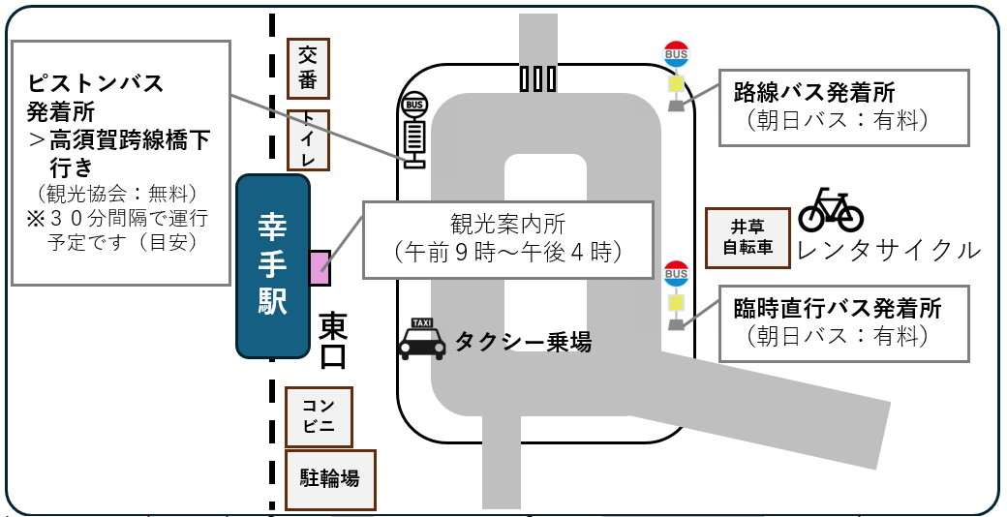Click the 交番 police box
point(309,69)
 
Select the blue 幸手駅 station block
point(272,265)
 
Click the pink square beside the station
point(320,267)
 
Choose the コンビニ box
point(319,417)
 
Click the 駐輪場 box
point(329,478)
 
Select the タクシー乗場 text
point(523,341)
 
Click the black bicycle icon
point(831,210)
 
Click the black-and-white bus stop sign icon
point(414,132)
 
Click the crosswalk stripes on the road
point(538,78)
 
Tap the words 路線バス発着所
point(814,93)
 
